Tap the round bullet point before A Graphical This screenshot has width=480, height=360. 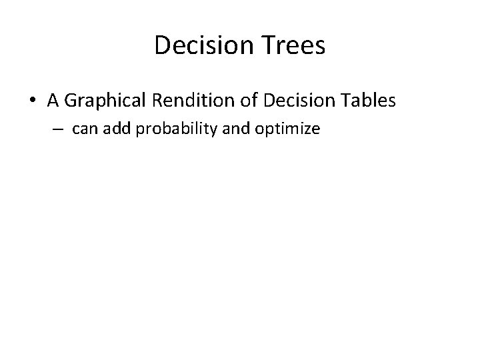(x=33, y=101)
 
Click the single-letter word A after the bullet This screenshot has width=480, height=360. (x=53, y=101)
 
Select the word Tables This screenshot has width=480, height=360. (x=371, y=101)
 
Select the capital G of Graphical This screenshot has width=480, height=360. (x=71, y=101)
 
